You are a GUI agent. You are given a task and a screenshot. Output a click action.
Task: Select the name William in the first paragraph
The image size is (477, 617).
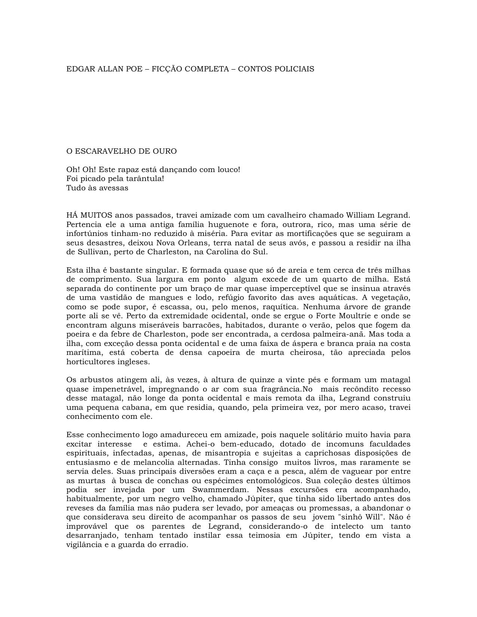(360, 215)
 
